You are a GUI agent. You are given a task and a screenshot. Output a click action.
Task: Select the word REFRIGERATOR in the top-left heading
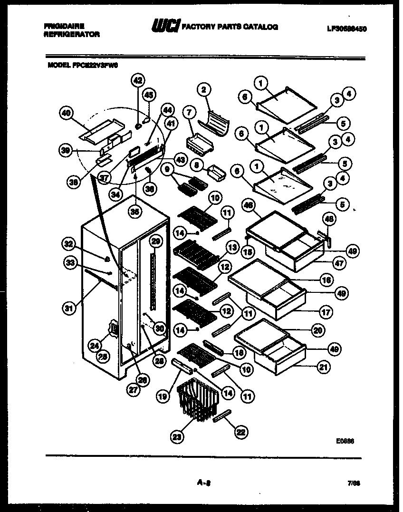[x=72, y=34]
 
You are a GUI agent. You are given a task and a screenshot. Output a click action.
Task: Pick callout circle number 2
[x=203, y=89]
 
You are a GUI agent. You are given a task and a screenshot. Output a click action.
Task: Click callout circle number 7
[x=189, y=113]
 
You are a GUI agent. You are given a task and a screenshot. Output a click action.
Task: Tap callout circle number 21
[x=323, y=367]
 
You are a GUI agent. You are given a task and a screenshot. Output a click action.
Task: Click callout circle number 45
[x=149, y=95]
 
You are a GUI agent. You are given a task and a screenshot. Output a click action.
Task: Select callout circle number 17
[x=326, y=312]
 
